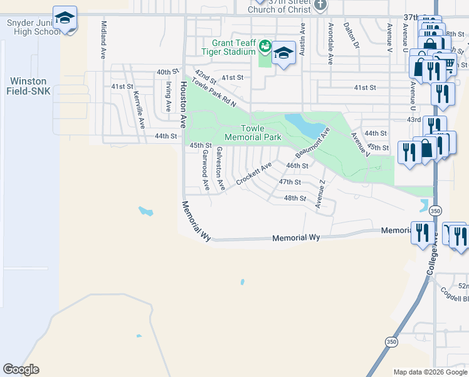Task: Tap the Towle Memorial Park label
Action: pyautogui.click(x=253, y=133)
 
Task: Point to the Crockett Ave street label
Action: pyautogui.click(x=254, y=174)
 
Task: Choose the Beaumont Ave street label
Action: pyautogui.click(x=313, y=143)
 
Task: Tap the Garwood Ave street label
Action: pyautogui.click(x=204, y=170)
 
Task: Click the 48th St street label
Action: pyautogui.click(x=295, y=197)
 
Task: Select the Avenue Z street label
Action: pyautogui.click(x=321, y=194)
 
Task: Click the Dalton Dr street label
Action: pyautogui.click(x=351, y=36)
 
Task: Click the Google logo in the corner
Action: pyautogui.click(x=21, y=369)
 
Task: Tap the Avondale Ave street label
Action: pyautogui.click(x=330, y=44)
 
